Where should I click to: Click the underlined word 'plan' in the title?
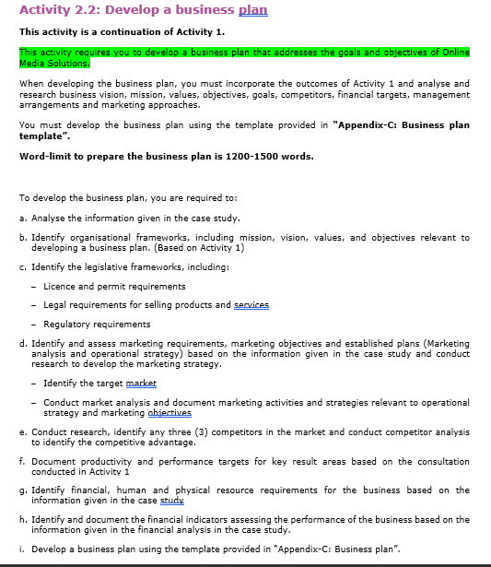tap(252, 10)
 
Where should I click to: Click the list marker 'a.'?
tap(22, 219)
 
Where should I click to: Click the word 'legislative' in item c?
tap(105, 267)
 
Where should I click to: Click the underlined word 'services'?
tap(251, 305)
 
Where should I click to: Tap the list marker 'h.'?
tap(22, 520)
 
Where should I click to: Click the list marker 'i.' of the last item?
tap(22, 549)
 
